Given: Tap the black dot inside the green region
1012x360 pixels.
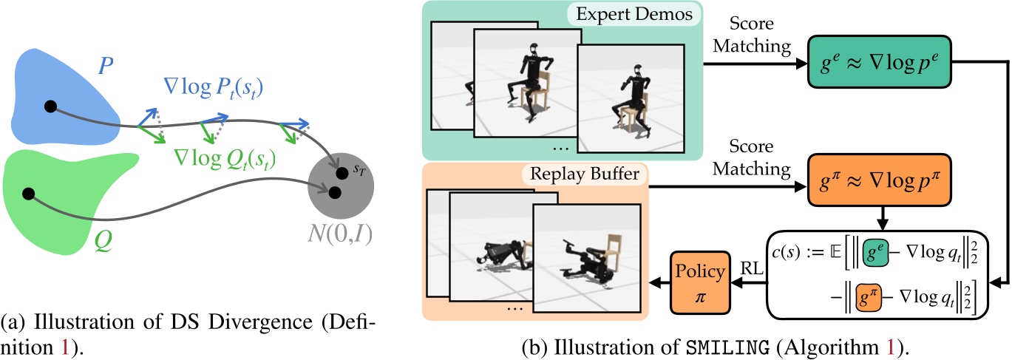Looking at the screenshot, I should [29, 194].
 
